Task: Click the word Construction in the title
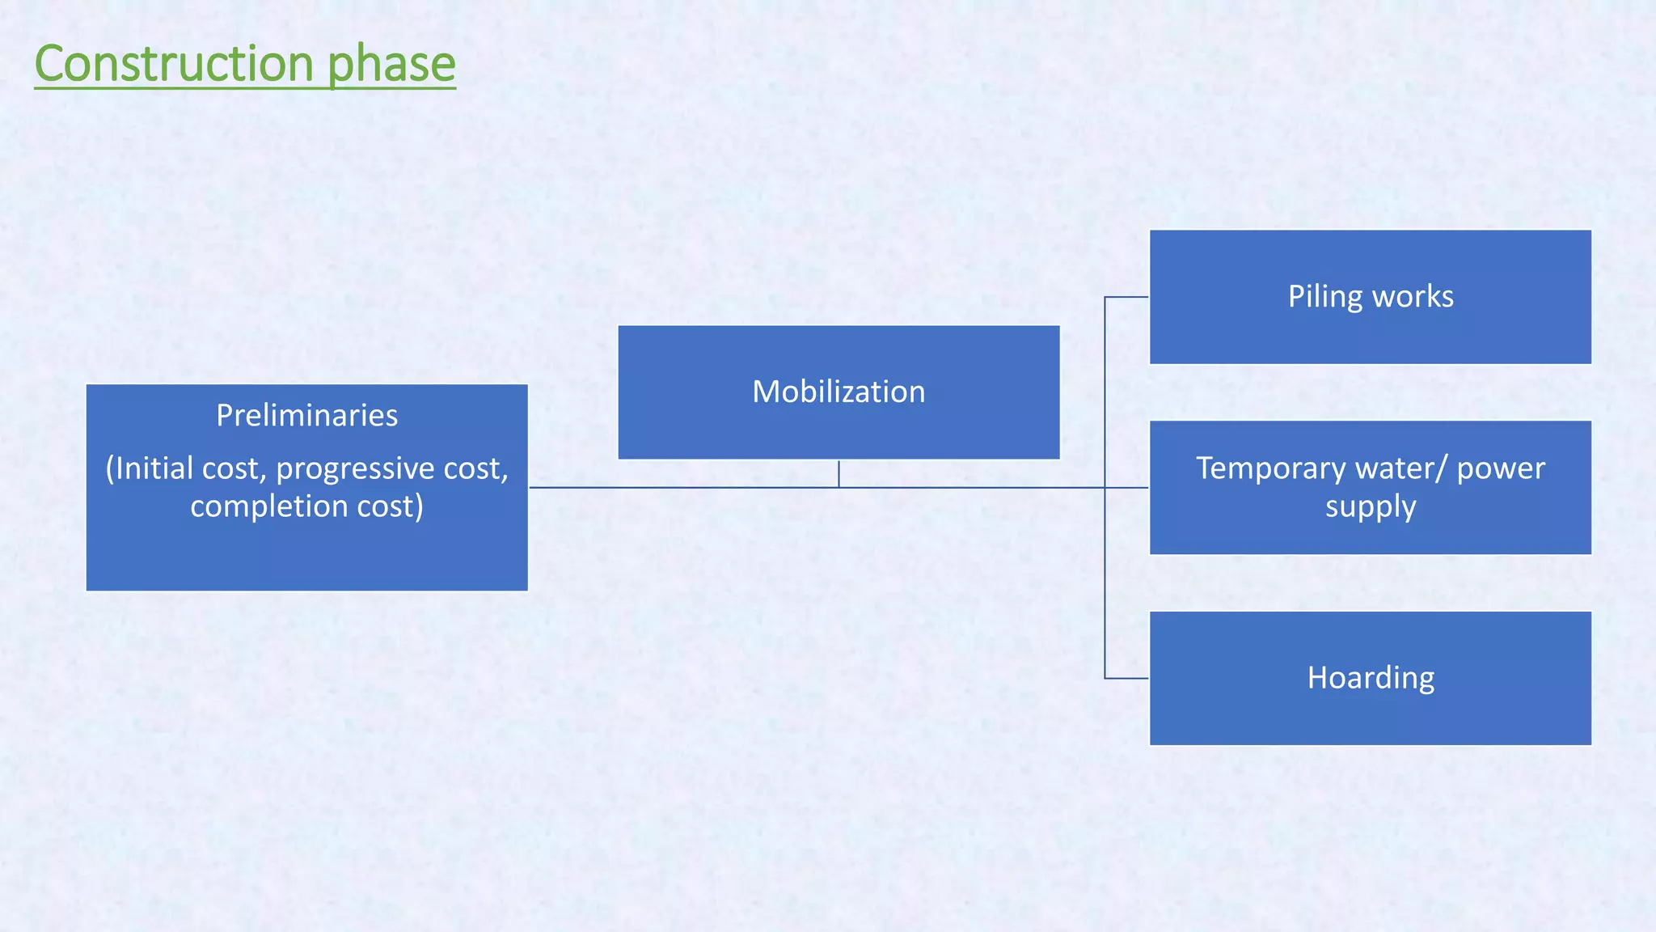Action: pos(174,64)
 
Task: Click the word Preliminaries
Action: pos(306,416)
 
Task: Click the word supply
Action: pos(1370,507)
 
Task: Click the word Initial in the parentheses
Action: pos(154,469)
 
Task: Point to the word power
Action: pos(1500,468)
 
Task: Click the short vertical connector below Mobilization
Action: pos(839,474)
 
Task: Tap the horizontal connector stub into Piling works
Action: pos(1126,297)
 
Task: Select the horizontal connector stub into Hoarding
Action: pos(1126,678)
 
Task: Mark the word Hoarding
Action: pos(1370,678)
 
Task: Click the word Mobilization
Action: pos(839,392)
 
